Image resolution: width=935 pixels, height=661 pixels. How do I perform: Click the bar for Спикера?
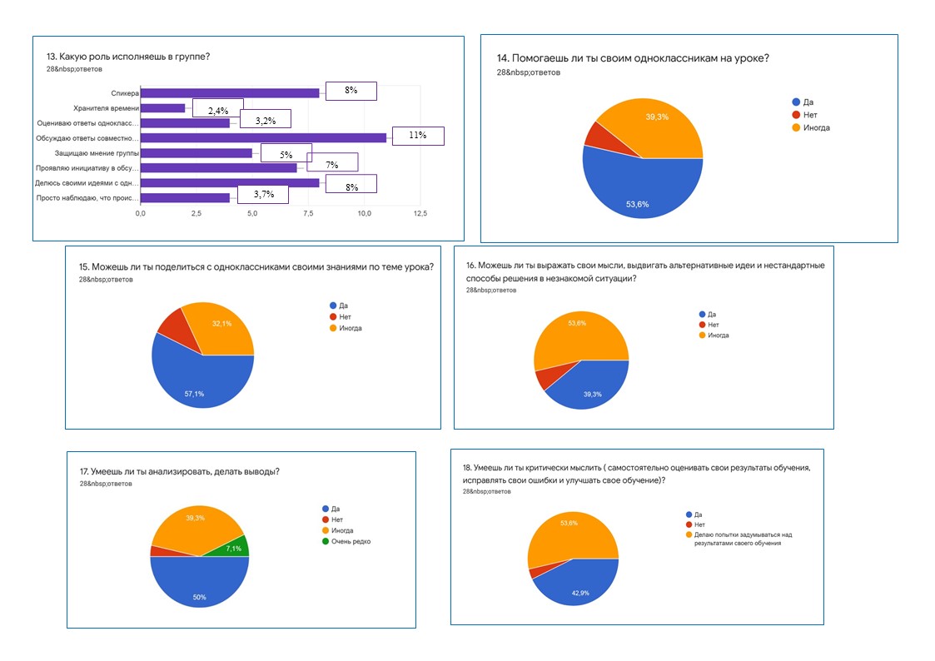tap(229, 93)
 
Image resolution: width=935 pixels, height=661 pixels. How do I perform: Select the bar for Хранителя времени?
tap(162, 108)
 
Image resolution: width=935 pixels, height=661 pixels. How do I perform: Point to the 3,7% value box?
tap(263, 195)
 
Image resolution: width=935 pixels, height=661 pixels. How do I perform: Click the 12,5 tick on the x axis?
tap(420, 214)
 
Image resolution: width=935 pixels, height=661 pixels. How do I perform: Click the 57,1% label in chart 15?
tap(195, 394)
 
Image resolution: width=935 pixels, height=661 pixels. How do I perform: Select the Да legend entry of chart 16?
tap(712, 315)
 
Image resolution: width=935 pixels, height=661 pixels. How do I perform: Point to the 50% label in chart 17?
tap(200, 597)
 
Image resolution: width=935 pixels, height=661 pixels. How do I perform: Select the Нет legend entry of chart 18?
tap(699, 524)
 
